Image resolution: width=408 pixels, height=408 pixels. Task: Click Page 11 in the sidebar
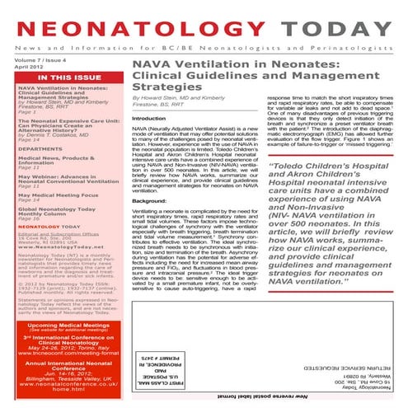[30, 186]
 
